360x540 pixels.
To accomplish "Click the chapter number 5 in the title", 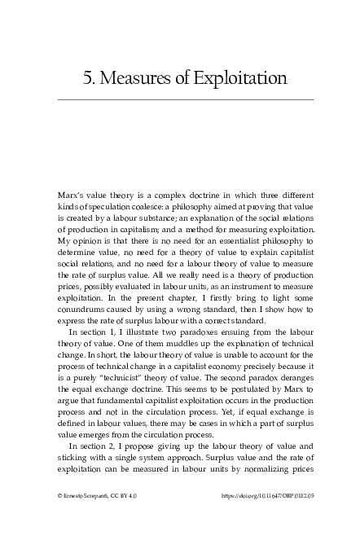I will pos(87,78).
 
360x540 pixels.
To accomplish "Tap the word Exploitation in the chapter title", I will pos(239,78).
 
